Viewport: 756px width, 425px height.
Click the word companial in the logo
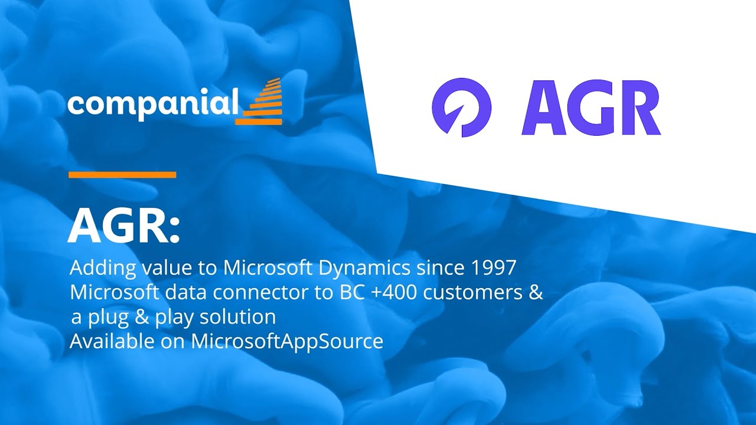click(x=152, y=104)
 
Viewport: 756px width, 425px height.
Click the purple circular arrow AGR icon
click(x=461, y=107)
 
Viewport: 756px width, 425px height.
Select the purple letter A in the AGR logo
click(x=547, y=107)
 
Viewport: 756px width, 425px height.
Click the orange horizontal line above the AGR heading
click(x=122, y=175)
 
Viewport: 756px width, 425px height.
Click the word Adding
click(x=103, y=268)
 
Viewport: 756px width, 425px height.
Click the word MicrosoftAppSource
click(x=287, y=341)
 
